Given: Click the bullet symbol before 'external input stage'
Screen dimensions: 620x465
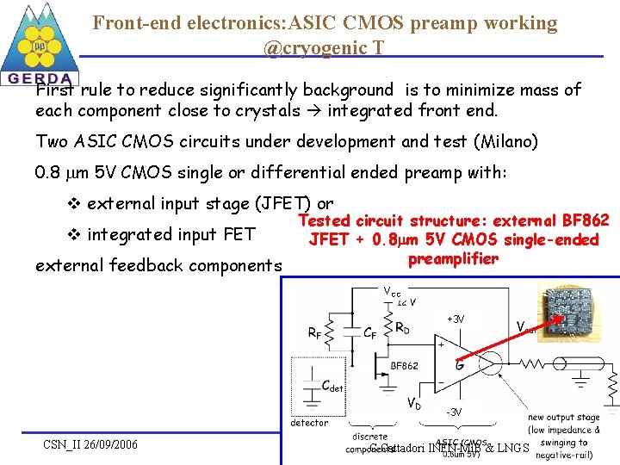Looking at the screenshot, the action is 73,204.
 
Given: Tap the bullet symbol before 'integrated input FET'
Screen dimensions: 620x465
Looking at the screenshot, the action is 73,234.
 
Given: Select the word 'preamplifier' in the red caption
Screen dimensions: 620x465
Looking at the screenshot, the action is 453,259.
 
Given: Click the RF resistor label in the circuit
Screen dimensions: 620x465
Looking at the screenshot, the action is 316,332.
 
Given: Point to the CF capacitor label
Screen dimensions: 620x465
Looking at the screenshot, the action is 369,332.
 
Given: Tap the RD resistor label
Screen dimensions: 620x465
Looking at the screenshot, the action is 402,327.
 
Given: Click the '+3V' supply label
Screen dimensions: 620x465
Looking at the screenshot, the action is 456,319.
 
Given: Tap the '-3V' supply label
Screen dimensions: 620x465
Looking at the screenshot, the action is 454,412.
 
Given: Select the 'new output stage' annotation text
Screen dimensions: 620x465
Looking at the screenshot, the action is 563,418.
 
